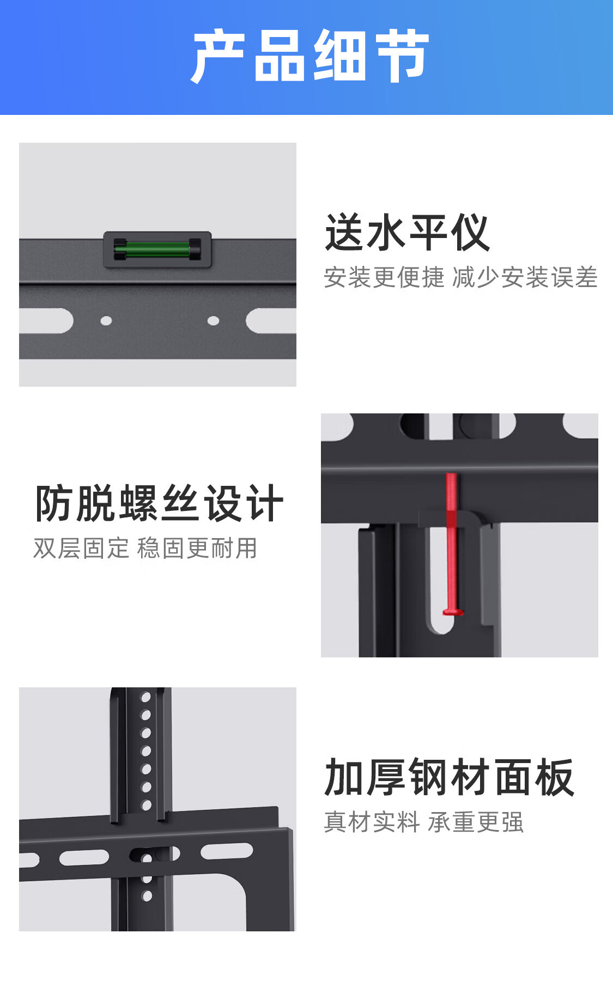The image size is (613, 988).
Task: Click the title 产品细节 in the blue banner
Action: pos(310,56)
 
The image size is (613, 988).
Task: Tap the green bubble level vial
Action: pos(157,250)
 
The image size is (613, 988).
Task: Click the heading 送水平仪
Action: pos(407,233)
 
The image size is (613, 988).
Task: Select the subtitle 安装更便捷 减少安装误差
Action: pos(461,277)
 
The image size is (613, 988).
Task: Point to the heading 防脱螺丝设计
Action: pos(159,503)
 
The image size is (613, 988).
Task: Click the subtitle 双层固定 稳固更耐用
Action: pos(145,548)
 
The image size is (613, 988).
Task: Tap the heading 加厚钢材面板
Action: pos(449,777)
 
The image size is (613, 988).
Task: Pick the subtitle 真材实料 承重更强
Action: pos(424,822)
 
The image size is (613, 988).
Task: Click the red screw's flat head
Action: pos(453,612)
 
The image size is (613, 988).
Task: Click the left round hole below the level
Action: pos(106,321)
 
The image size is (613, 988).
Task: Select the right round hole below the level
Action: pos(214,321)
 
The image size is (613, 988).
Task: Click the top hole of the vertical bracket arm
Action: pos(145,697)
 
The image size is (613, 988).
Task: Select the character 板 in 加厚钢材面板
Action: pos(554,777)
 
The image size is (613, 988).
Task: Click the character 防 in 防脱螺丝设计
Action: pos(54,503)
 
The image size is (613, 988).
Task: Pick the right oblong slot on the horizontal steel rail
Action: pos(227,851)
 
